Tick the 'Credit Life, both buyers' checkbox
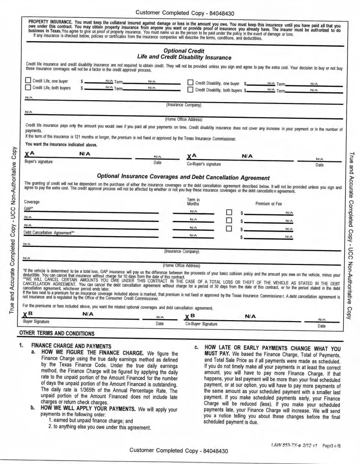click(27, 89)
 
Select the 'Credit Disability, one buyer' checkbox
click(190, 83)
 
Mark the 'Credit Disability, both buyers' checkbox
click(190, 90)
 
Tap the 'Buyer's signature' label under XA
click(39, 162)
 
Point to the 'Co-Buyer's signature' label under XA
click(204, 164)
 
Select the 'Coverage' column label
click(32, 202)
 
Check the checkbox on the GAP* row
click(228, 213)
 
